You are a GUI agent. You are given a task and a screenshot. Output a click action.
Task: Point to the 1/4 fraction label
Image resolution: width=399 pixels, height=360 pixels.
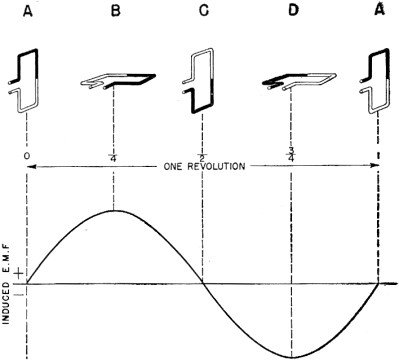pos(115,158)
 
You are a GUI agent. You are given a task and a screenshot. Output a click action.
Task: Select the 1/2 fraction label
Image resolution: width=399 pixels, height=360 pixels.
pos(203,158)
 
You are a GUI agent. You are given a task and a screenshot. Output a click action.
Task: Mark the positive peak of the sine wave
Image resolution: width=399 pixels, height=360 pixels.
pos(115,211)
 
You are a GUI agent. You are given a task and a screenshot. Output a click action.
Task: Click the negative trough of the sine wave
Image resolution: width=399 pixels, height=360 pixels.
pos(291,356)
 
